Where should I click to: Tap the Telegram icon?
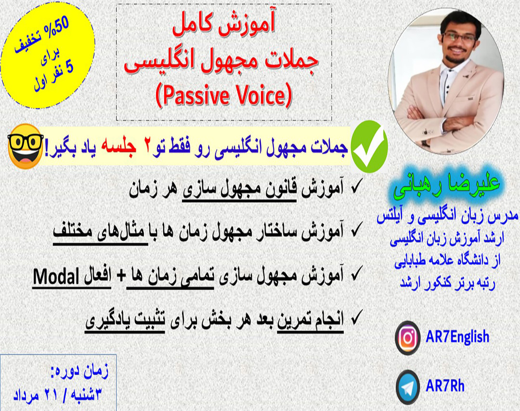[407, 385]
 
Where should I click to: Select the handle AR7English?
[457, 337]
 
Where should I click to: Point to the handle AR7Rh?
[445, 385]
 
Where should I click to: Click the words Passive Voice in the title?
[224, 97]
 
